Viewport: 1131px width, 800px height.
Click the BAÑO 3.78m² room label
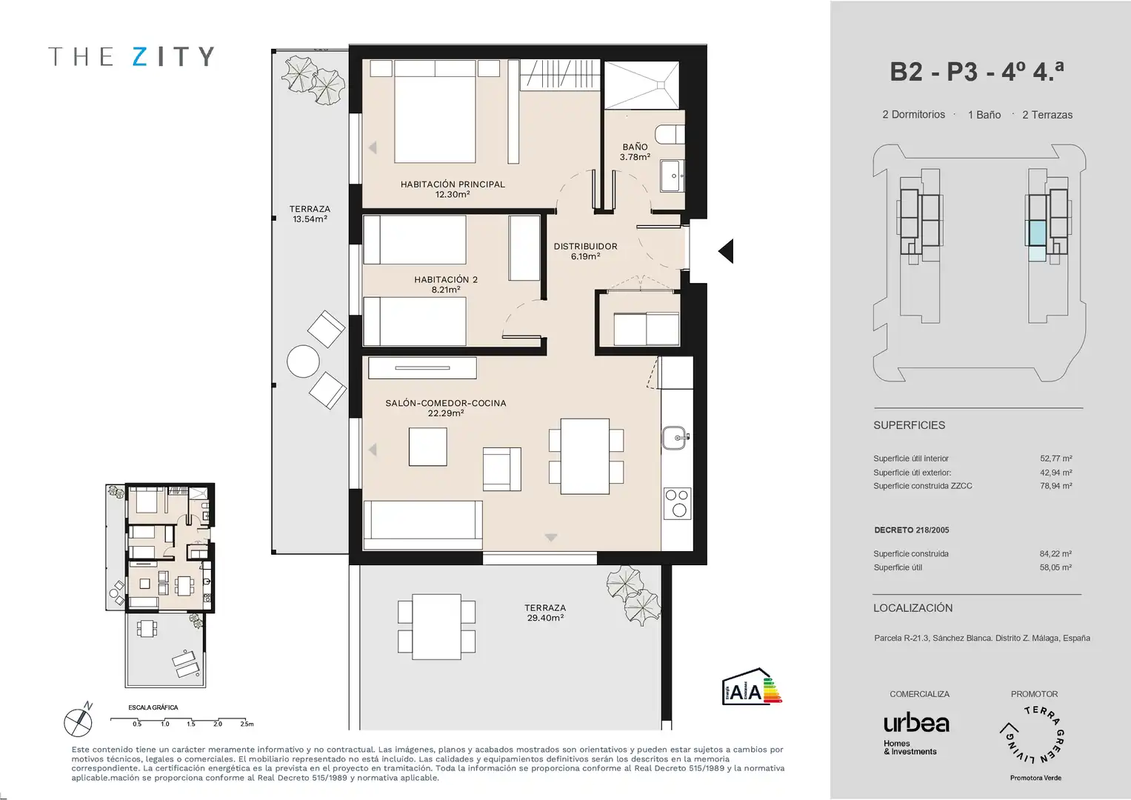(635, 152)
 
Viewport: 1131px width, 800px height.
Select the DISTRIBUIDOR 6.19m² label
(585, 251)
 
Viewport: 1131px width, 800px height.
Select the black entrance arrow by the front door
(726, 251)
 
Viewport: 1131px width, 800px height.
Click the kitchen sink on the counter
(675, 437)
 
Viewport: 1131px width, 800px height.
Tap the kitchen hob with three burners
(677, 503)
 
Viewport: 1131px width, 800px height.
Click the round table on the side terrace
(303, 361)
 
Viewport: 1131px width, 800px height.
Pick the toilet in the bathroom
(670, 134)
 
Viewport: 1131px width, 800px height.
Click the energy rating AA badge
(751, 687)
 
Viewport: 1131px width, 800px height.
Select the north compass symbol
(79, 720)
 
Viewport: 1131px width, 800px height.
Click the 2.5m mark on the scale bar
(247, 724)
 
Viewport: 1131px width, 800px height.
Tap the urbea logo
(916, 724)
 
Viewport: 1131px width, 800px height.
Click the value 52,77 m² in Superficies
(1055, 459)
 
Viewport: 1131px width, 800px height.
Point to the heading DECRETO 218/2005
(911, 530)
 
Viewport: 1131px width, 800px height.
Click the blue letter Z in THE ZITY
(140, 56)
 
